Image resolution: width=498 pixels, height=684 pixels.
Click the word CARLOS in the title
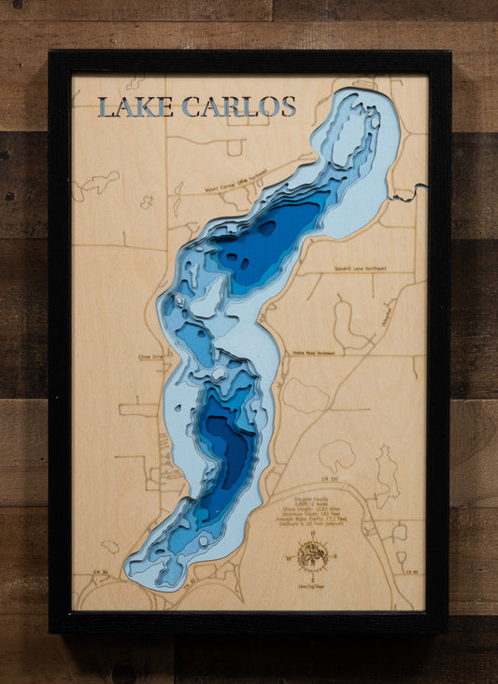coord(238,106)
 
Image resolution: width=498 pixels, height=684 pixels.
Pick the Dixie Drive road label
coord(150,356)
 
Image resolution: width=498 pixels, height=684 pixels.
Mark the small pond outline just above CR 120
coord(335,456)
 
